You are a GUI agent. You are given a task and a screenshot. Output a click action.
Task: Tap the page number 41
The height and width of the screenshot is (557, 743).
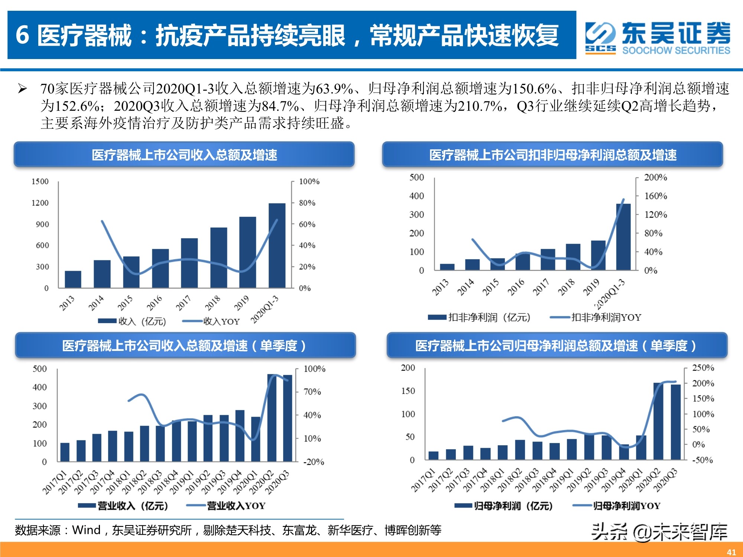tap(731, 552)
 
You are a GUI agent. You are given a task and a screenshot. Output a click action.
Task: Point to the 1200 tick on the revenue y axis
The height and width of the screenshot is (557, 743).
tap(40, 203)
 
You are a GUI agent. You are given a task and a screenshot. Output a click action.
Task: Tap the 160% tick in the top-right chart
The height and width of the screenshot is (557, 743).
tap(655, 196)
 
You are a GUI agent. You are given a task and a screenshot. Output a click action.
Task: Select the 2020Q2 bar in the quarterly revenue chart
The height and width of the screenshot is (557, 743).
tap(272, 418)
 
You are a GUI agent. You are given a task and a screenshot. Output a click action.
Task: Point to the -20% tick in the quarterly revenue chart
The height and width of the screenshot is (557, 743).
tap(314, 462)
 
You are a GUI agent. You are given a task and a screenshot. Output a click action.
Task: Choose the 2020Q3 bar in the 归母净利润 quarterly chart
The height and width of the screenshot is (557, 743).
tap(675, 422)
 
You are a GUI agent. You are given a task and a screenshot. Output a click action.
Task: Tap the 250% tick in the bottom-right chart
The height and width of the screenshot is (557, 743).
tap(703, 368)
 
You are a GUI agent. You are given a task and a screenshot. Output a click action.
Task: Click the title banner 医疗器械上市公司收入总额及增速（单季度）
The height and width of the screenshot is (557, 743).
tap(185, 346)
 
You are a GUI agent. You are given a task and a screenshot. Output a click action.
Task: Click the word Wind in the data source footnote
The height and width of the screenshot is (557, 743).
tap(86, 530)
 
